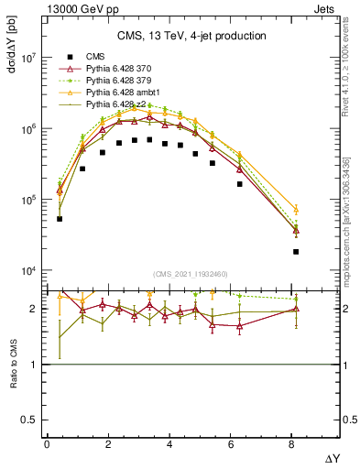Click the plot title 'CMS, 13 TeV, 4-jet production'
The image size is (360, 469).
pos(191,36)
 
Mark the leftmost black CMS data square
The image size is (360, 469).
pos(60,219)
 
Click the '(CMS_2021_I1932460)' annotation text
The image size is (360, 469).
pos(191,274)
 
